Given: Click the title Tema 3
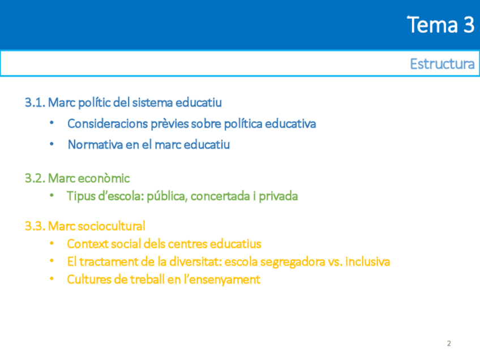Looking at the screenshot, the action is click(440, 24).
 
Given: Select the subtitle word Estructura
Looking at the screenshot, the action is click(442, 64).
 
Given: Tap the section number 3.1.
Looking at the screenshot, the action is click(35, 102).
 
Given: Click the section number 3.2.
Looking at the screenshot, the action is click(35, 178).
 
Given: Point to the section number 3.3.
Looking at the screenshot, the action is click(35, 226).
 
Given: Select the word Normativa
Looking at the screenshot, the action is click(95, 144).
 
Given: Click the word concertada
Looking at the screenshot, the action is click(220, 196).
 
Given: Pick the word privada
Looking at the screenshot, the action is click(278, 197).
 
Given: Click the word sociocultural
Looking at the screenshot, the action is click(112, 226).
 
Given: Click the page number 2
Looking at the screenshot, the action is click(449, 344).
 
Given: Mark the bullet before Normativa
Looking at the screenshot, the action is click(52, 143).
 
